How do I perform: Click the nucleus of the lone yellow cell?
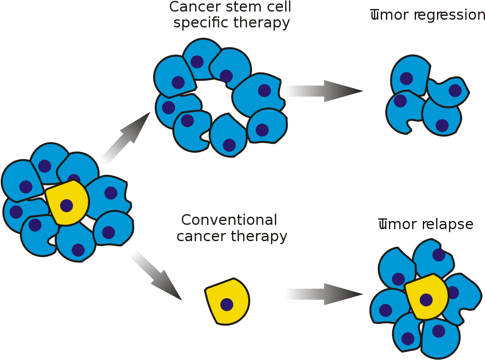tap(226, 304)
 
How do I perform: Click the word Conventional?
tap(229, 220)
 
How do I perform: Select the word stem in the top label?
tap(241, 7)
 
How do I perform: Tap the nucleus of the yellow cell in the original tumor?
tap(66, 206)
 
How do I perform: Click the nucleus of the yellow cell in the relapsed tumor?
tap(426, 299)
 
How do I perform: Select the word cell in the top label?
tap(278, 7)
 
